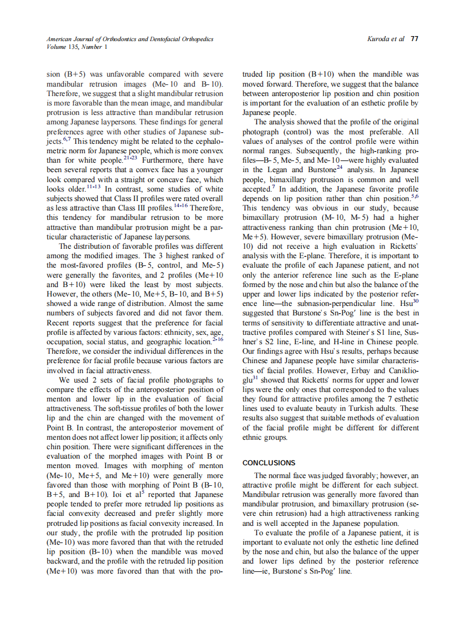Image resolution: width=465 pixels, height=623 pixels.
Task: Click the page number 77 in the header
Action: click(x=415, y=39)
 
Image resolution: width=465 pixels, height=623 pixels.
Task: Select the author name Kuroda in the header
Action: click(x=380, y=39)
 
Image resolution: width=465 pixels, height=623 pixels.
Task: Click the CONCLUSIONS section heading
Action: click(x=269, y=463)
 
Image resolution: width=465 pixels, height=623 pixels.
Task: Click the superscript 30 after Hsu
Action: click(x=415, y=302)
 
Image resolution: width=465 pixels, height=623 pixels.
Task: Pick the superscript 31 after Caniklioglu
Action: click(x=256, y=378)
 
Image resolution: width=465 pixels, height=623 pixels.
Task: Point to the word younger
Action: click(x=208, y=169)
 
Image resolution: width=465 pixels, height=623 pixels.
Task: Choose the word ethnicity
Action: click(x=169, y=332)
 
